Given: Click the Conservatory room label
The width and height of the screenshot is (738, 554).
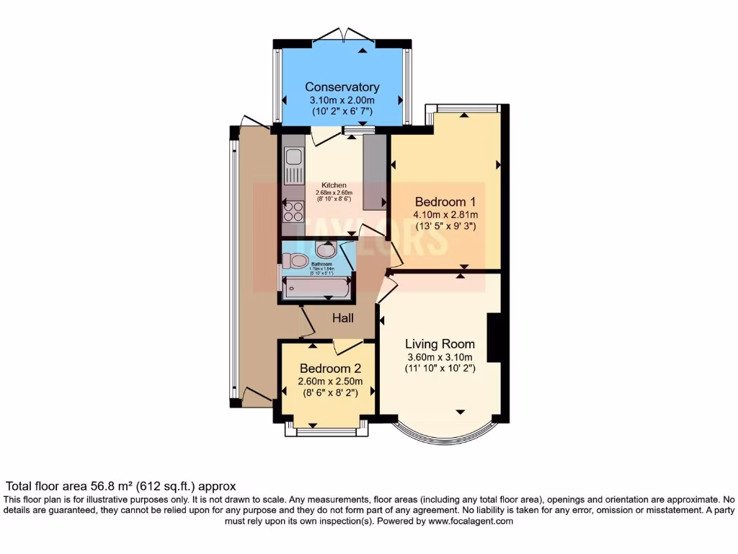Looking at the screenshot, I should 342,87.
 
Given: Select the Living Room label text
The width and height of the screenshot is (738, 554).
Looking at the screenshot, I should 439,343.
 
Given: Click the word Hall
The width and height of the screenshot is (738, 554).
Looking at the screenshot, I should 342,317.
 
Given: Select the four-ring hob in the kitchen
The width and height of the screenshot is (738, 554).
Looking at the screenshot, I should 293,211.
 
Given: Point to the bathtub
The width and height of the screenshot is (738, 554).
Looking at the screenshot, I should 316,289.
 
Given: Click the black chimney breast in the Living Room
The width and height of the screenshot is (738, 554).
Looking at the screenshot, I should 494,338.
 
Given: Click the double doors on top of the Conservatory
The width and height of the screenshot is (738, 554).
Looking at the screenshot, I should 344,34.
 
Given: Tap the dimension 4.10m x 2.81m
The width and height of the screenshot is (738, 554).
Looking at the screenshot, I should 445,214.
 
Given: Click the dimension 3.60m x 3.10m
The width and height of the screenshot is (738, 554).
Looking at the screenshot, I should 439,356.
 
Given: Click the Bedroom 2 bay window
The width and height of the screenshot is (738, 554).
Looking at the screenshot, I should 326,431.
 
